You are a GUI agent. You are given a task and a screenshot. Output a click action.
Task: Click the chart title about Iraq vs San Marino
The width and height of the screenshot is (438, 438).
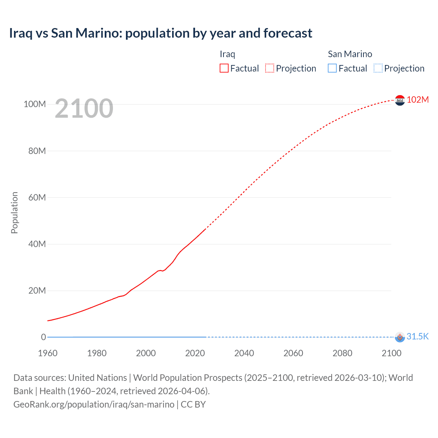[x=160, y=33]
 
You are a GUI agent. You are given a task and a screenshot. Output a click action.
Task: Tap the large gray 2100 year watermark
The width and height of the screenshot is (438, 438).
[x=84, y=108]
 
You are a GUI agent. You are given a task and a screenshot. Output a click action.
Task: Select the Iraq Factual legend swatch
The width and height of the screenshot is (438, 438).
[x=224, y=68]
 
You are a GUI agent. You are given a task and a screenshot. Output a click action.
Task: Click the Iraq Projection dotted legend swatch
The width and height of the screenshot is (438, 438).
[x=270, y=68]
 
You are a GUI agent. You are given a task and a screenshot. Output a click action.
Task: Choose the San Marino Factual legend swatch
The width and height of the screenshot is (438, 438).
[x=332, y=68]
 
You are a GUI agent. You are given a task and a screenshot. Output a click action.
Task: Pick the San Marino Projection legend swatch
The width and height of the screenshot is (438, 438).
[x=378, y=68]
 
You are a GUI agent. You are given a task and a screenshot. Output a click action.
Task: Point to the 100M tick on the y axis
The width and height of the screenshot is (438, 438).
[x=35, y=104]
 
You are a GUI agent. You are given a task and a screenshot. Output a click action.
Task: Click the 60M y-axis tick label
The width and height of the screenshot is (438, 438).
[x=37, y=197]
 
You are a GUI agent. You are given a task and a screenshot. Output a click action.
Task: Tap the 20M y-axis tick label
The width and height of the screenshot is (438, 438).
[x=37, y=291]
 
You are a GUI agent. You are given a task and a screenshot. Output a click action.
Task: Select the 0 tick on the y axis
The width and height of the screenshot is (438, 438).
[x=43, y=337]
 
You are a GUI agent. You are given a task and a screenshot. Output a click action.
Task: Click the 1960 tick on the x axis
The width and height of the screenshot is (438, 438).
[x=48, y=353]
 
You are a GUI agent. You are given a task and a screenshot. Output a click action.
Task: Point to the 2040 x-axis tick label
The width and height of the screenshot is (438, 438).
[x=244, y=353]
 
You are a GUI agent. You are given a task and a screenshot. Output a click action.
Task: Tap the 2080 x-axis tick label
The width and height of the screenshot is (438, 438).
[x=342, y=353]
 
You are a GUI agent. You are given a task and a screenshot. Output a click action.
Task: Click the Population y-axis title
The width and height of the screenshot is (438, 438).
[x=14, y=212]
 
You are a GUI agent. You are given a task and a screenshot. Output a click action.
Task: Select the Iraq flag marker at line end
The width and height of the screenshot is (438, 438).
[x=400, y=100]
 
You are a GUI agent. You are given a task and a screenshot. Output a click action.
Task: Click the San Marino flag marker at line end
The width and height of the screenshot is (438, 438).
[x=400, y=337]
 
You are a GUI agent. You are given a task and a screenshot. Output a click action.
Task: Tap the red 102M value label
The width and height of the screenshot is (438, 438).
[x=417, y=100]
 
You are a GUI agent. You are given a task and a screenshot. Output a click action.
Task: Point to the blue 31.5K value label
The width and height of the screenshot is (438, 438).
[x=417, y=336]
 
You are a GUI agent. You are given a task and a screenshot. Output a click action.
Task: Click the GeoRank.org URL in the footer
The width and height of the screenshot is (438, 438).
[x=94, y=404]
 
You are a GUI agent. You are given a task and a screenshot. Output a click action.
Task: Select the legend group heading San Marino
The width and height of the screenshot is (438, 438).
[x=350, y=54]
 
